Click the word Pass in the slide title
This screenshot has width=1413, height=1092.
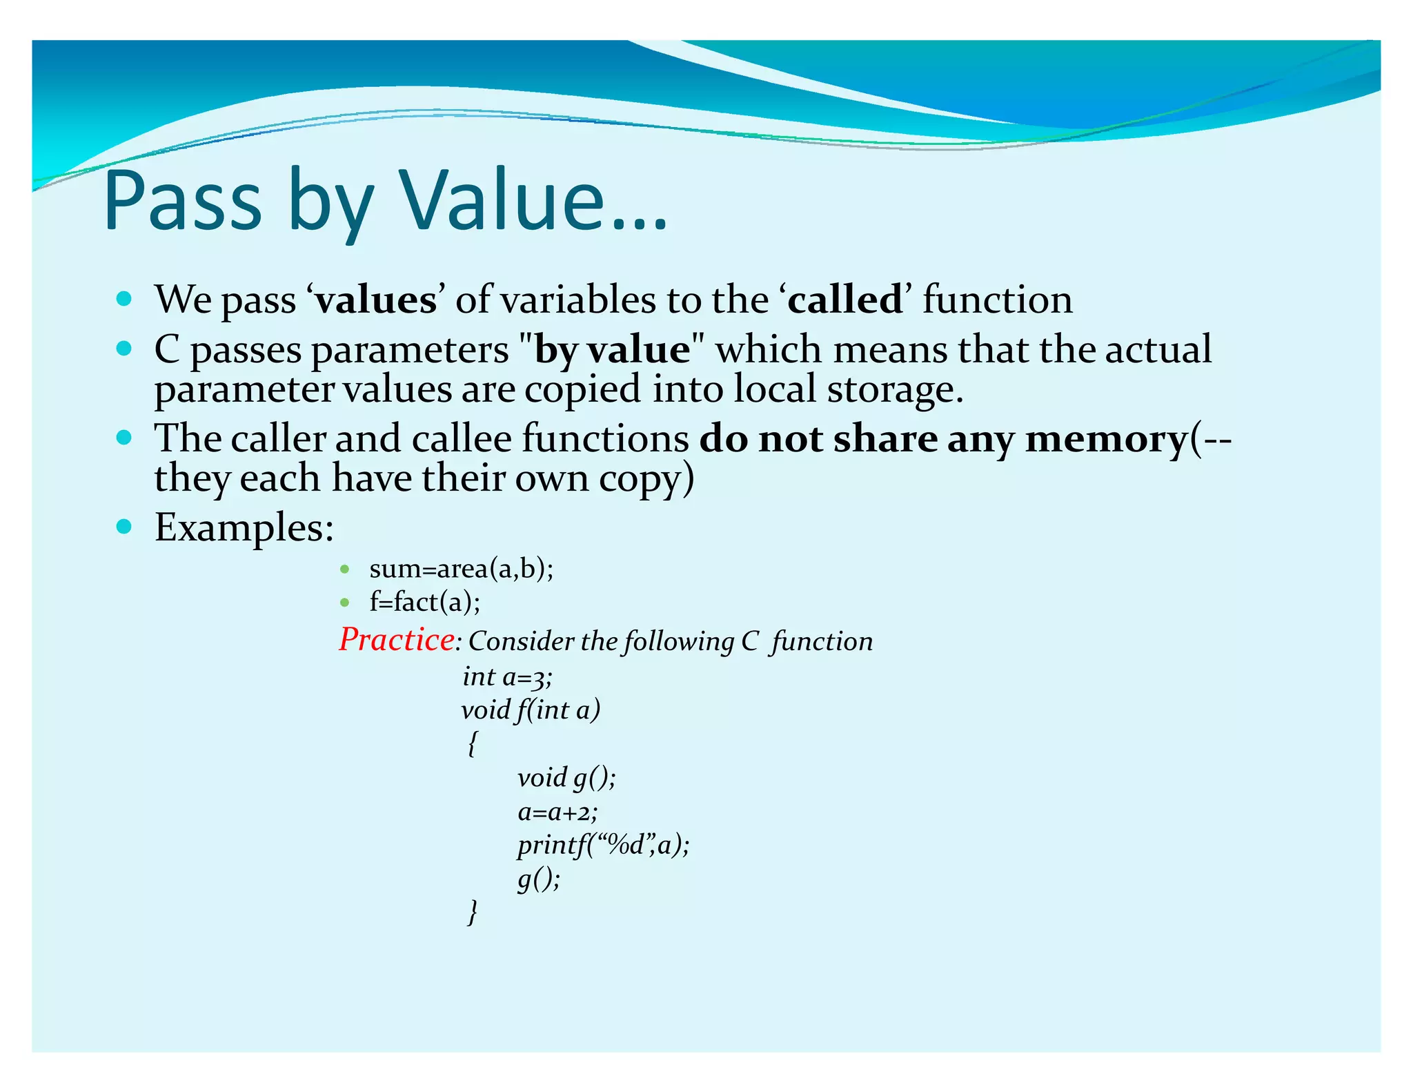tap(183, 202)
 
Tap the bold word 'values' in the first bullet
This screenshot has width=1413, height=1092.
tap(376, 300)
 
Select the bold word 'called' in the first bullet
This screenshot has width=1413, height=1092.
tap(845, 300)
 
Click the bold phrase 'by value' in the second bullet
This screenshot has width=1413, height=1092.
tap(612, 349)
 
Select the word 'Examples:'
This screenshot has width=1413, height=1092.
tap(244, 528)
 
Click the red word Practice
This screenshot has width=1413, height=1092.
tap(396, 639)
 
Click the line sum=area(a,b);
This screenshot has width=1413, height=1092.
tap(461, 569)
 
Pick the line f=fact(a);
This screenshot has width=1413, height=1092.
tap(424, 602)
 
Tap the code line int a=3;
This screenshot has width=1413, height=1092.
tap(507, 676)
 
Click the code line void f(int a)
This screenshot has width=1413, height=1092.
tap(531, 710)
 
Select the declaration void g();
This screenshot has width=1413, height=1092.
tap(566, 778)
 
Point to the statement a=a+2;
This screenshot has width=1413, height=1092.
tap(557, 812)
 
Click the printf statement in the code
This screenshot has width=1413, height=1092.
tap(603, 845)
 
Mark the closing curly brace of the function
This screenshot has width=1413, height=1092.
tap(472, 912)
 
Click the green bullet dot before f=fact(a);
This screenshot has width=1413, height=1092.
tap(345, 603)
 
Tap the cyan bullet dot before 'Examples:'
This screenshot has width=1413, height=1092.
tap(124, 527)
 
